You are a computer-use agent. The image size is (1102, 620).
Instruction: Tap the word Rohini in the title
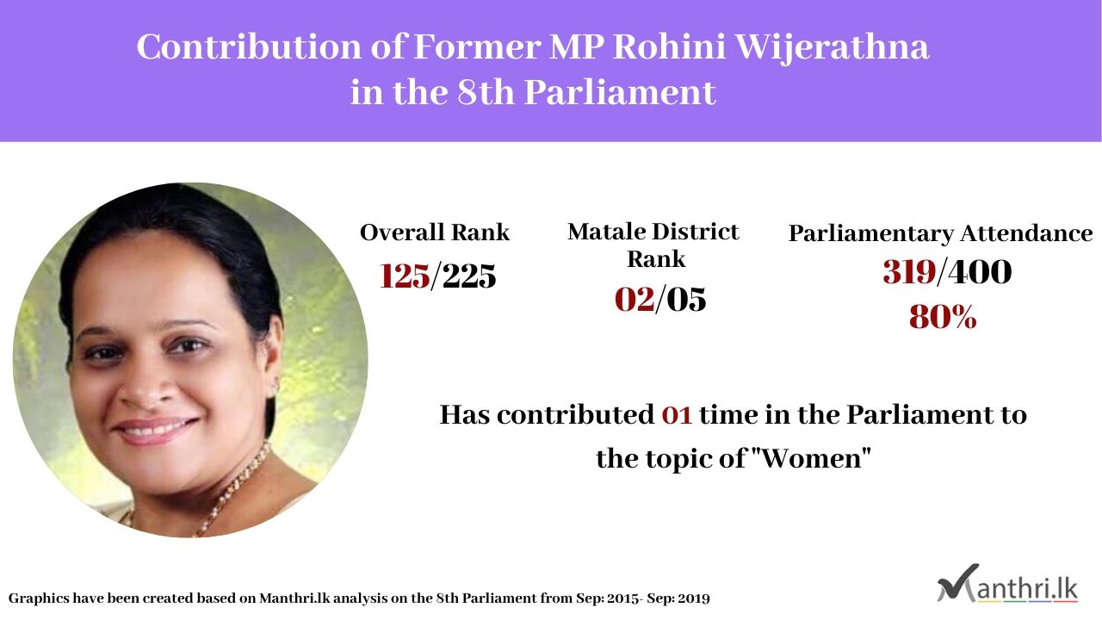coord(670,46)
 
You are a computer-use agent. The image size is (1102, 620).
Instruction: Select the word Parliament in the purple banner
coord(620,92)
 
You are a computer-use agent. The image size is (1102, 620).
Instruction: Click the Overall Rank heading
coord(435,232)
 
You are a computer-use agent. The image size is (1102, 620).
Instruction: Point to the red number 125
coord(405,276)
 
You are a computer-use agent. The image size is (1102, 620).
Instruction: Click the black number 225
coord(469,276)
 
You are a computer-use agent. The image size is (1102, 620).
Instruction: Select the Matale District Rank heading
coord(653,245)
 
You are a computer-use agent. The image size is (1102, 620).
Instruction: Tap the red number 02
coord(635,299)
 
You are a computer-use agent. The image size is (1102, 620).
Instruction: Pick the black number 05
coord(686,299)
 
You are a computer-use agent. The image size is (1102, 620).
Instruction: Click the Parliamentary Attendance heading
coord(941,233)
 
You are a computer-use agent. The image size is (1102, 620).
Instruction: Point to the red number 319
coord(909,271)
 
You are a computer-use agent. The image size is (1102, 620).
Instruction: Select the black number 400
coord(980,271)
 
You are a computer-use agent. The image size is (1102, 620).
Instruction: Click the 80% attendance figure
coord(943,316)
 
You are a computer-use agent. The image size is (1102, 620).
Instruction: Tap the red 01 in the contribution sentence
coord(677,415)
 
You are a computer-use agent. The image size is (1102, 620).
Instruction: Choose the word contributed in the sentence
coord(576,414)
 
